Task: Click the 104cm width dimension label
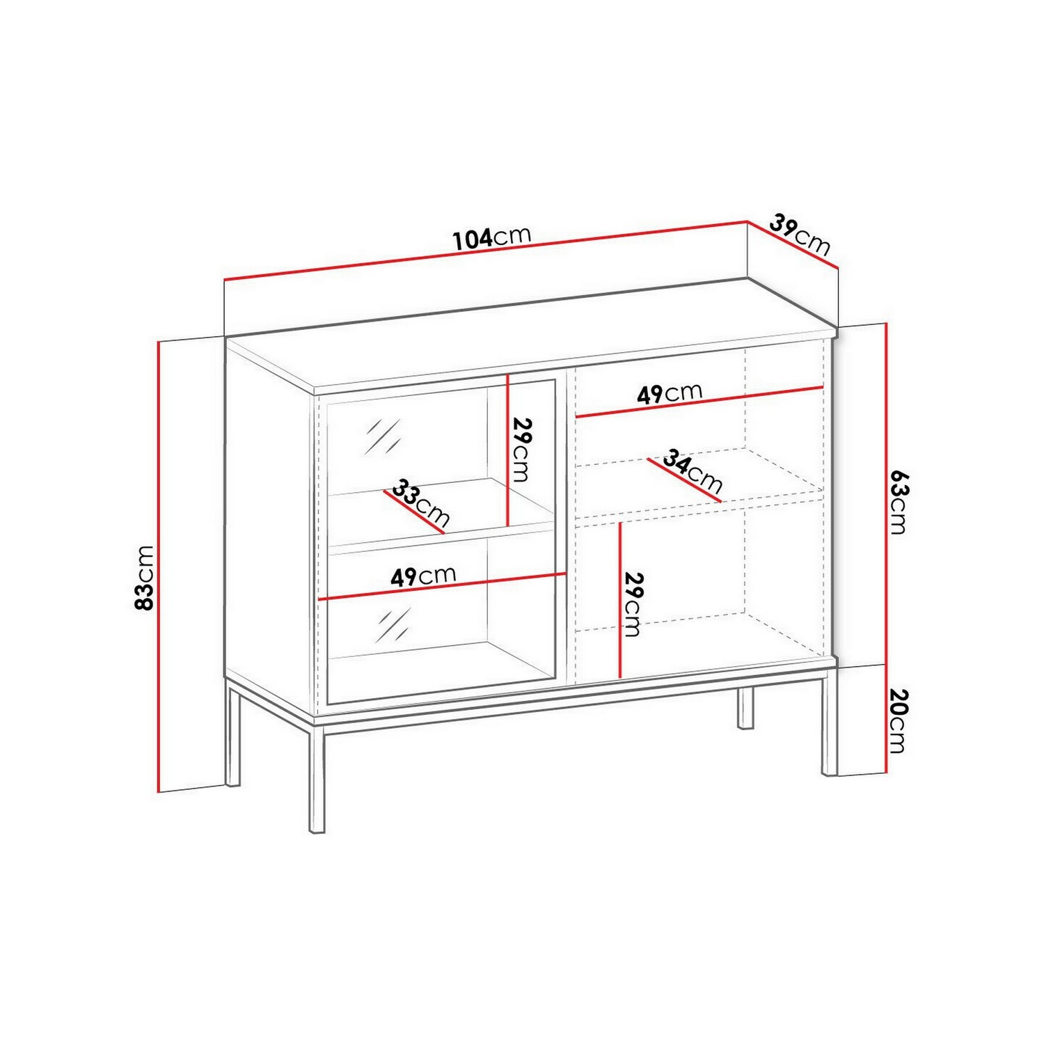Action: (x=492, y=237)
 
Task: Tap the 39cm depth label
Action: (x=800, y=235)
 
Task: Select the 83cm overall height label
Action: (x=144, y=578)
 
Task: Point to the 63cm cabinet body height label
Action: (x=899, y=501)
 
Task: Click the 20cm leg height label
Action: (x=899, y=720)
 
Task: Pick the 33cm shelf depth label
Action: (x=420, y=503)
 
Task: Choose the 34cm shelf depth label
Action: (x=692, y=470)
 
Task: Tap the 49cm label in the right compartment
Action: (x=670, y=393)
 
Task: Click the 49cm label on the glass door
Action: (x=423, y=576)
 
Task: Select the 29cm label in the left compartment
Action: (x=521, y=450)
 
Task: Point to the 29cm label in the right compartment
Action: (x=632, y=604)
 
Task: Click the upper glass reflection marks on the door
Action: (x=383, y=437)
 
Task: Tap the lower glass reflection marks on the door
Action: (x=393, y=624)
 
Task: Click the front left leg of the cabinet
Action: (x=317, y=777)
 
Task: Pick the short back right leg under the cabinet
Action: (x=745, y=708)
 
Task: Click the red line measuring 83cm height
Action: (x=159, y=567)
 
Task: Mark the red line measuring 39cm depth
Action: (x=793, y=244)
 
